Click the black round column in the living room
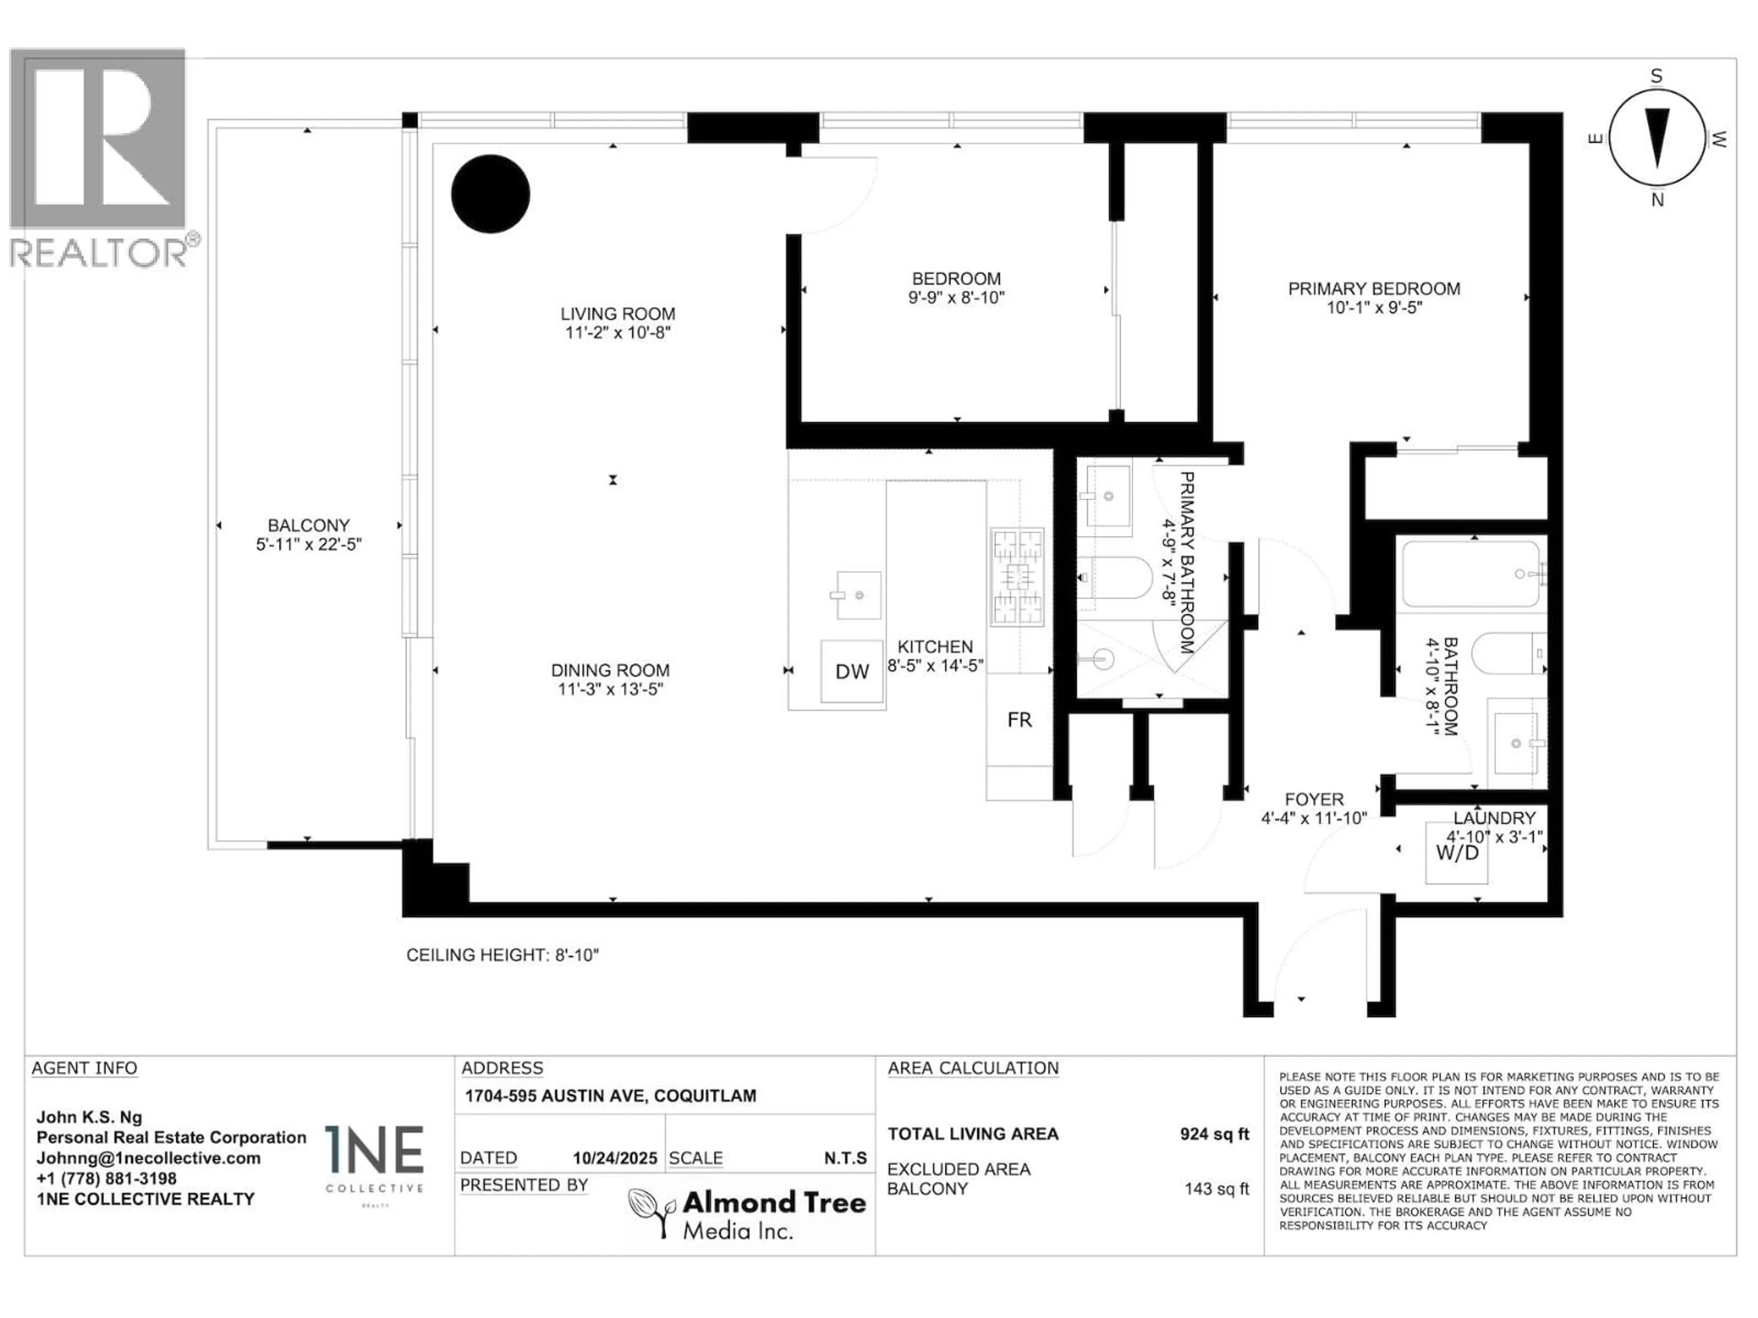(490, 194)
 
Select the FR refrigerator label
(1019, 720)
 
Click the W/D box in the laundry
(1457, 853)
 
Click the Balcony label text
(309, 525)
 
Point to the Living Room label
(618, 314)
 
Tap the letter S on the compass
(1656, 76)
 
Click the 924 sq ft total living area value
(1214, 1134)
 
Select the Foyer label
(1314, 799)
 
